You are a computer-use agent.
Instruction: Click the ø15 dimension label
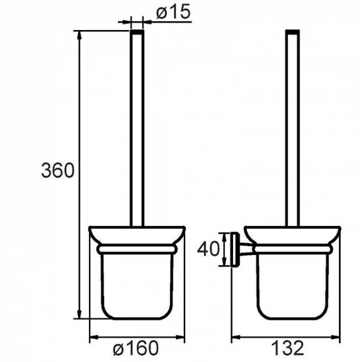(x=174, y=12)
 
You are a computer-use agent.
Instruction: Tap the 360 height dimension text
(x=58, y=170)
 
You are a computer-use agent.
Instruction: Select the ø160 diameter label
(x=136, y=348)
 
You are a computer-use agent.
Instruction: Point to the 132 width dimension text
(x=288, y=348)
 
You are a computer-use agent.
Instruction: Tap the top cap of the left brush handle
(x=137, y=32)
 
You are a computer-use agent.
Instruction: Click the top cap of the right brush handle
(x=293, y=32)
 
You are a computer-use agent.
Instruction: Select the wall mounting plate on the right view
(x=235, y=250)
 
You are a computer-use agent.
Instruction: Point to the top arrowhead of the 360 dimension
(x=80, y=36)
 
